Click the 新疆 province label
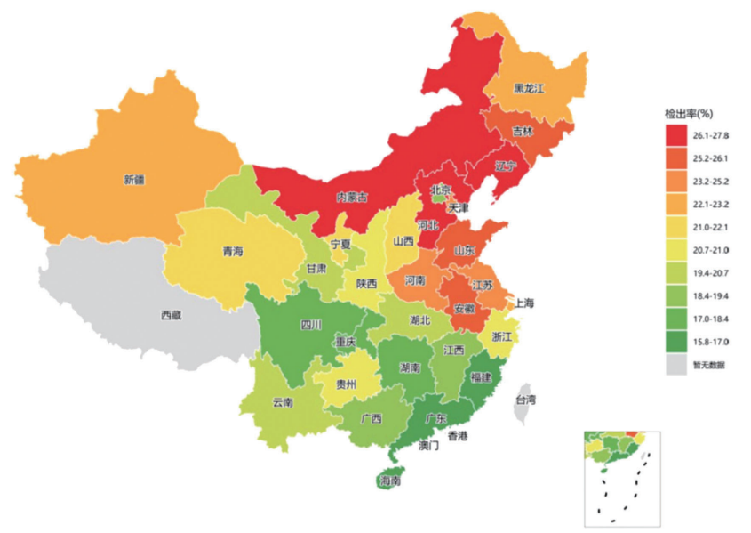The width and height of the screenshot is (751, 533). (x=133, y=179)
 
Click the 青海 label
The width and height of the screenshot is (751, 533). (x=233, y=252)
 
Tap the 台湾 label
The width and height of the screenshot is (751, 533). (x=525, y=400)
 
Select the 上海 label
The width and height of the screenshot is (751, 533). (x=524, y=303)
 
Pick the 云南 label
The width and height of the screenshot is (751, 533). (x=284, y=401)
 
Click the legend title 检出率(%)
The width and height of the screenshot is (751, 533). (x=690, y=114)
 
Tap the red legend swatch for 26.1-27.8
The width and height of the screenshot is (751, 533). (x=680, y=134)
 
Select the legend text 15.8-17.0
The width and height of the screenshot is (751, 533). (x=712, y=342)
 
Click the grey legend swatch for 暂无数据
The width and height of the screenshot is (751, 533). (x=680, y=364)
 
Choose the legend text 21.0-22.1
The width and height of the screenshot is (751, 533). (x=712, y=227)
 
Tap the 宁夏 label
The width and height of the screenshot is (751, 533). (x=341, y=243)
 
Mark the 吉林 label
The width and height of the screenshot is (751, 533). (x=522, y=131)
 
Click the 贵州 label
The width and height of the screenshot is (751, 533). (x=347, y=384)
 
